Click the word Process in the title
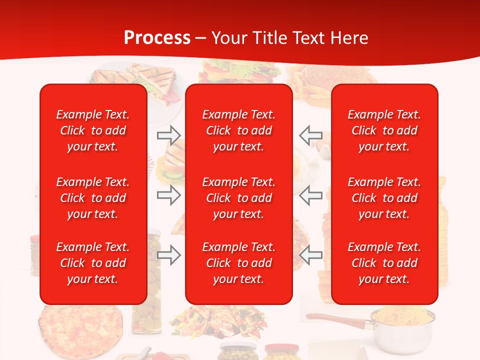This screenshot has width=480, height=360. (x=157, y=38)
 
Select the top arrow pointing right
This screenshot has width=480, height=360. (x=168, y=135)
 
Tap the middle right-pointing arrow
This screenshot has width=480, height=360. (x=168, y=195)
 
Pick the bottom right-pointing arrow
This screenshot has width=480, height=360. (x=168, y=255)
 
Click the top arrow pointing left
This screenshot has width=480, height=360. (x=310, y=135)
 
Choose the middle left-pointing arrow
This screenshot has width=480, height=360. (x=310, y=195)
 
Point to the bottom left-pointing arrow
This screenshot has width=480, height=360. (x=310, y=255)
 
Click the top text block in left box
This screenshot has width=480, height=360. (x=93, y=130)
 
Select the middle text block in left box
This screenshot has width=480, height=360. (x=93, y=198)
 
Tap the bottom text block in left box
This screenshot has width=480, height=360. (x=93, y=263)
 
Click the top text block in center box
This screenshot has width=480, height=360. (x=238, y=130)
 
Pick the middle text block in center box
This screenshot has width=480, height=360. (x=238, y=198)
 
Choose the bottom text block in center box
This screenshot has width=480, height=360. (x=238, y=263)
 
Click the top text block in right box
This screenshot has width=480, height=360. (x=384, y=130)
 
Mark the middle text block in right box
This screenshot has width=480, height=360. (x=384, y=198)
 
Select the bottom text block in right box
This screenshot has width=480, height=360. (x=384, y=263)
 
